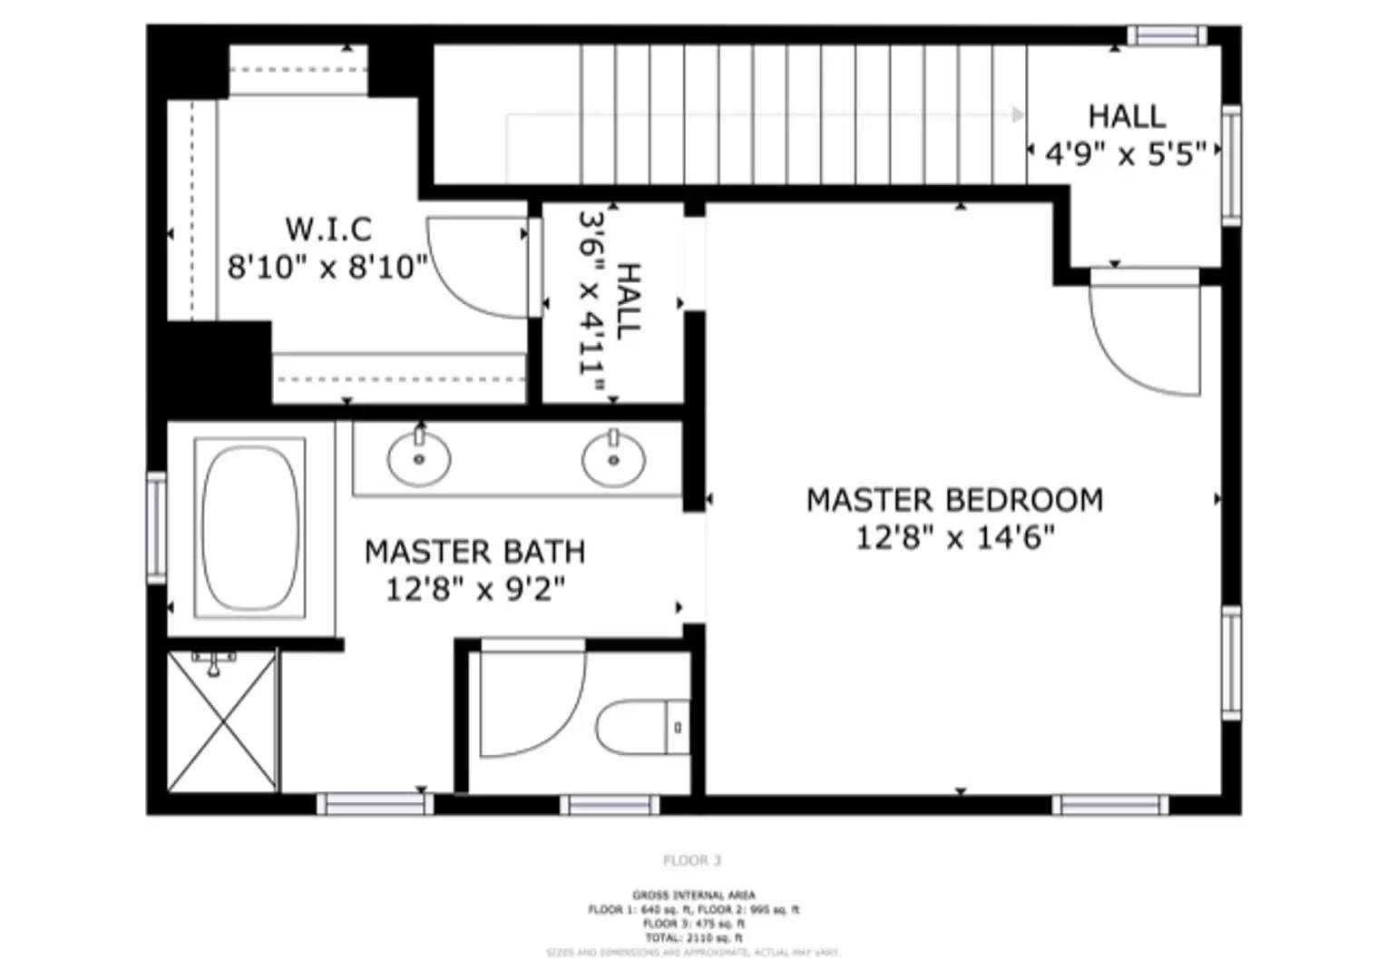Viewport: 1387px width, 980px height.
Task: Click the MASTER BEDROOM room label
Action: pyautogui.click(x=954, y=500)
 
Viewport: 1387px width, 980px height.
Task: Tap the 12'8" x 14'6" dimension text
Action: pyautogui.click(x=954, y=538)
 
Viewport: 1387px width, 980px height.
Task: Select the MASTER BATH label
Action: pyautogui.click(x=474, y=552)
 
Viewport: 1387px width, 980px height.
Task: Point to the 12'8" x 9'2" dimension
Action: pyautogui.click(x=474, y=590)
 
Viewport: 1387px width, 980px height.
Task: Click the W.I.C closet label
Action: pyautogui.click(x=327, y=228)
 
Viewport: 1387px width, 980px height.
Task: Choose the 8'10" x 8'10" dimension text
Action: pyautogui.click(x=327, y=268)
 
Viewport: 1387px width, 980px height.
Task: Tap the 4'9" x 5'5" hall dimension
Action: pyautogui.click(x=1126, y=154)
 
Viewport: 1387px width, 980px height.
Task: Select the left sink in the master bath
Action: pyautogui.click(x=418, y=458)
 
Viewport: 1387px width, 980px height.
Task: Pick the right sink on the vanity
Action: pyautogui.click(x=614, y=459)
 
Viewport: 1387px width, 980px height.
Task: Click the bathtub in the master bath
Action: pyautogui.click(x=250, y=528)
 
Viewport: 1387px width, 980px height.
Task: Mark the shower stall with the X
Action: pyautogui.click(x=222, y=722)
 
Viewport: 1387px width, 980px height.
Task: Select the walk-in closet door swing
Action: pyautogui.click(x=478, y=268)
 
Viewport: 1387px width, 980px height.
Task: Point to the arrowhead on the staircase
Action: pyautogui.click(x=1019, y=114)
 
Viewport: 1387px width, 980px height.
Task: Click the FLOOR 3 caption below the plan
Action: pyautogui.click(x=692, y=860)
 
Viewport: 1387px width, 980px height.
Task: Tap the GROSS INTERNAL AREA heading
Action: pyautogui.click(x=693, y=896)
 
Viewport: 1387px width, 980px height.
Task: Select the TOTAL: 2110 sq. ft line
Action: pyautogui.click(x=693, y=937)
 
